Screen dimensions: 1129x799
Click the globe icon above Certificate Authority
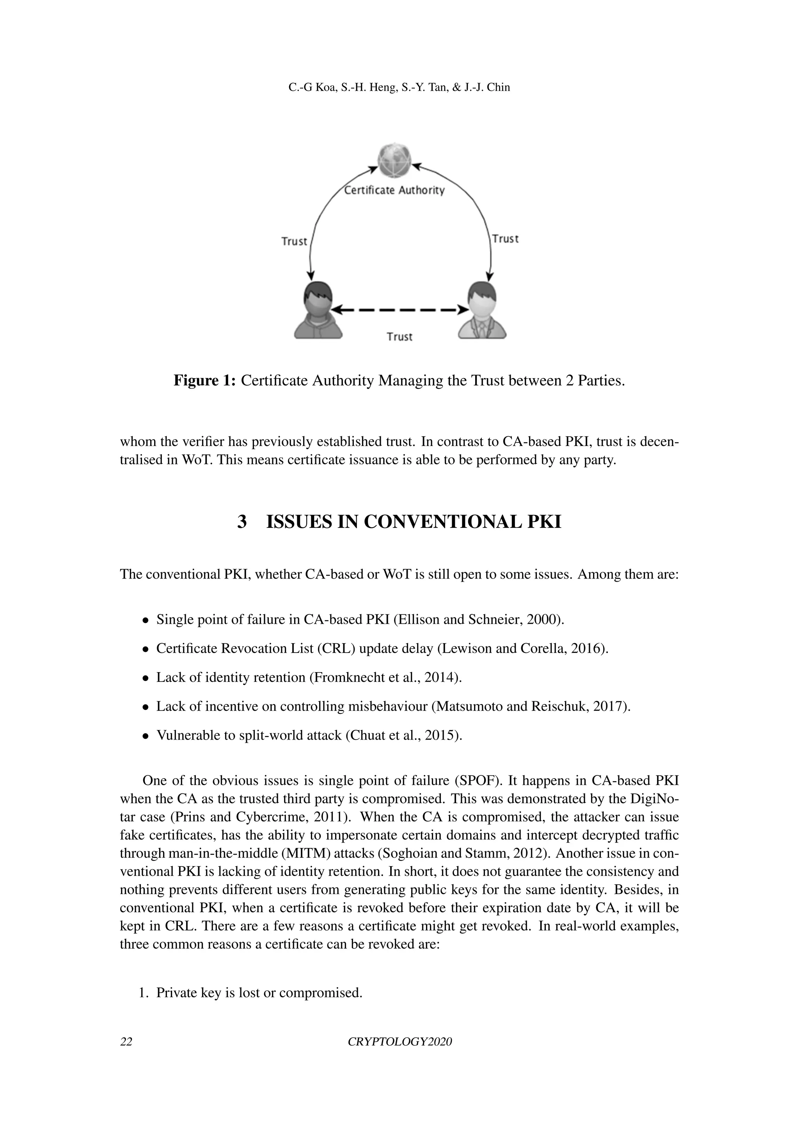click(x=394, y=160)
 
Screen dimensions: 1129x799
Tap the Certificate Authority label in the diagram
click(x=394, y=191)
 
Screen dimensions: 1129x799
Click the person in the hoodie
click(x=317, y=310)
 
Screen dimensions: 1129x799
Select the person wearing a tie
click(x=482, y=310)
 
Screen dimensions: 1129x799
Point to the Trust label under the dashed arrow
click(x=399, y=337)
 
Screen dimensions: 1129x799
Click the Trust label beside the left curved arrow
click(x=294, y=241)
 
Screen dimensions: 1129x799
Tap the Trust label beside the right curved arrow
click(x=505, y=239)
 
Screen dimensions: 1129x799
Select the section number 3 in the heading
click(x=242, y=522)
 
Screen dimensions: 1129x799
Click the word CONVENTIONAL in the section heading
click(x=443, y=522)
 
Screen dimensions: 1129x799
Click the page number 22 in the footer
click(x=126, y=1042)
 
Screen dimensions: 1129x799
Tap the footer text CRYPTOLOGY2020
click(x=399, y=1042)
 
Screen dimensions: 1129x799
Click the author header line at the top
click(x=399, y=88)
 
